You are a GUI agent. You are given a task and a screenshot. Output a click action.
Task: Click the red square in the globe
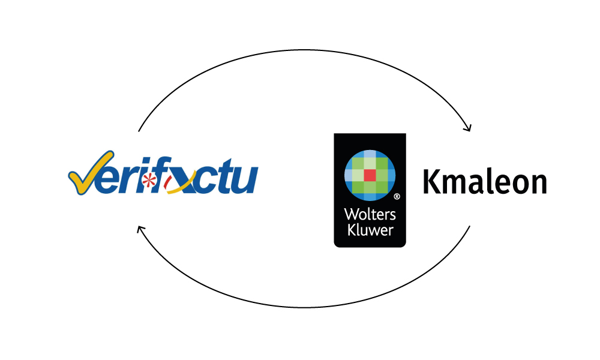point(370,175)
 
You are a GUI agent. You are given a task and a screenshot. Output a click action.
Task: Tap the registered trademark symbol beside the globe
point(397,196)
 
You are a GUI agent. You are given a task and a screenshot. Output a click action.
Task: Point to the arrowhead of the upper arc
point(469,128)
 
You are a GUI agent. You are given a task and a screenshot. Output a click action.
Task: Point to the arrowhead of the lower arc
point(140,229)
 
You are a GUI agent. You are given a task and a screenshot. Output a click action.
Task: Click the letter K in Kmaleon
point(431,182)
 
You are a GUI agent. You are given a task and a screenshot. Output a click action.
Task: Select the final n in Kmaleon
point(538,184)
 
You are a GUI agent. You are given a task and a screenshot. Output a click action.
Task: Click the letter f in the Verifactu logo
point(158,179)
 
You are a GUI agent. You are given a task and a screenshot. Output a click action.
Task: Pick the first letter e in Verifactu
point(112,181)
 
